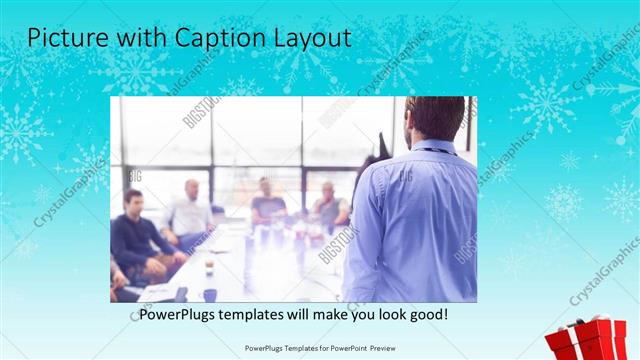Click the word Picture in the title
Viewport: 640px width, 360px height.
coord(65,38)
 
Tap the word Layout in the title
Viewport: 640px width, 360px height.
coord(307,38)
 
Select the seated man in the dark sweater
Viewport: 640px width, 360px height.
coord(136,235)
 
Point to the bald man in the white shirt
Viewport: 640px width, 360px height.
coord(189,212)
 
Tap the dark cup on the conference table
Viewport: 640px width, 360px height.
coord(210,295)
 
